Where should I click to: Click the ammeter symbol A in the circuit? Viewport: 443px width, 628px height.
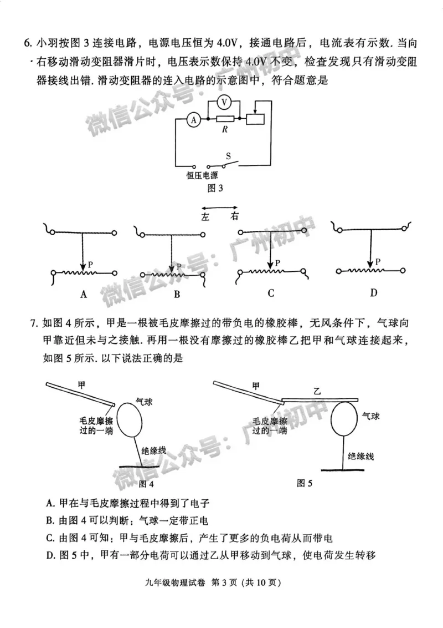point(193,119)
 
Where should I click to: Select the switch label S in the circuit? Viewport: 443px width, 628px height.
point(228,156)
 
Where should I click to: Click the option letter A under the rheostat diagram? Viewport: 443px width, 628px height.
point(84,294)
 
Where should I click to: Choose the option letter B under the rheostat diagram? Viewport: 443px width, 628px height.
point(177,295)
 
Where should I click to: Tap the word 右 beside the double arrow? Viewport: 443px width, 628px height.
point(235,217)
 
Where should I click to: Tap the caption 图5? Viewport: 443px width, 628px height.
point(305,483)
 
